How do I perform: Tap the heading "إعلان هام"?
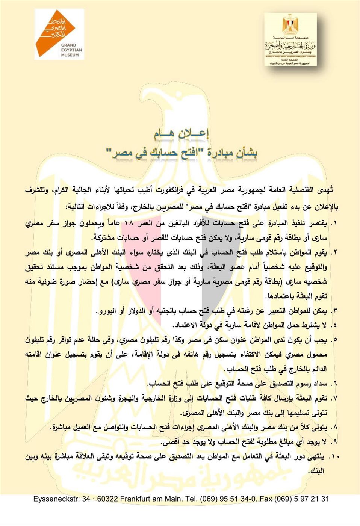[x=181, y=133]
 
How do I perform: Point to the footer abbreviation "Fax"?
[x=266, y=499]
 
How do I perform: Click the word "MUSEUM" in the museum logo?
[x=70, y=55]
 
